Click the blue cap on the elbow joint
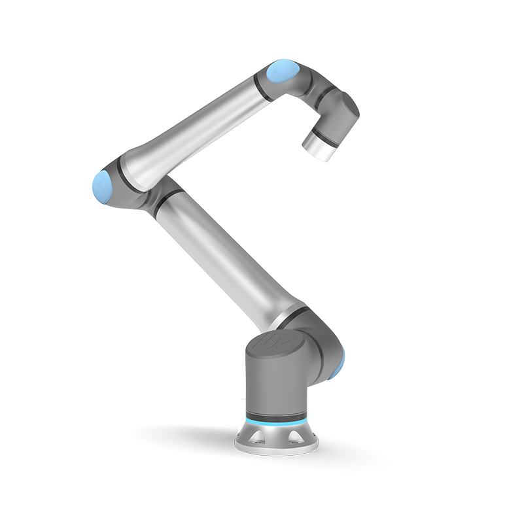click(101, 186)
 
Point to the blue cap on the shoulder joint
click(341, 363)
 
